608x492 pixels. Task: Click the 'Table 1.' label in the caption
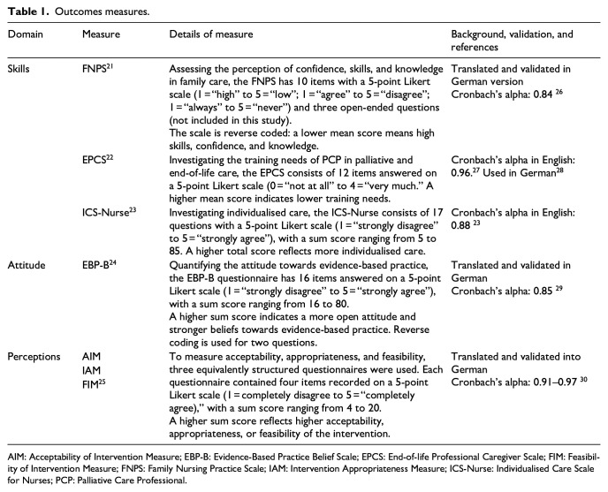click(27, 11)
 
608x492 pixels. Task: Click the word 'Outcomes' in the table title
click(74, 11)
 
